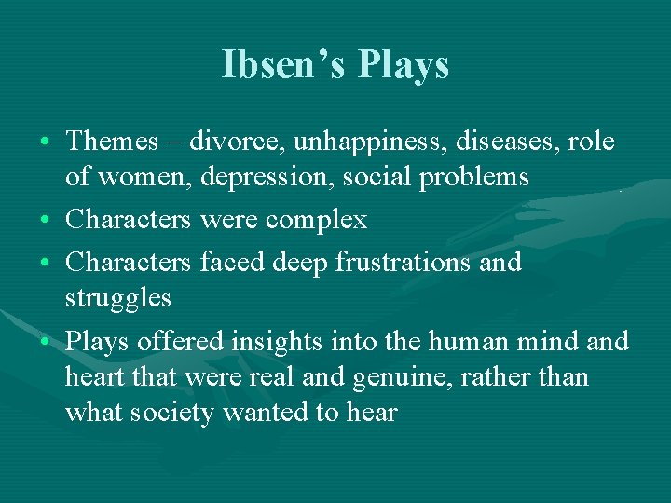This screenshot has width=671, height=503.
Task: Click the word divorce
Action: [x=238, y=142]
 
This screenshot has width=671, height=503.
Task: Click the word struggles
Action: [x=118, y=299]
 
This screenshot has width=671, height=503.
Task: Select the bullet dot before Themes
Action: [x=46, y=143]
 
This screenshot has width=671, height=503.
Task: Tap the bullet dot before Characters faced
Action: [x=46, y=264]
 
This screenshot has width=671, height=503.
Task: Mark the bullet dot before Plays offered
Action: [x=46, y=343]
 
